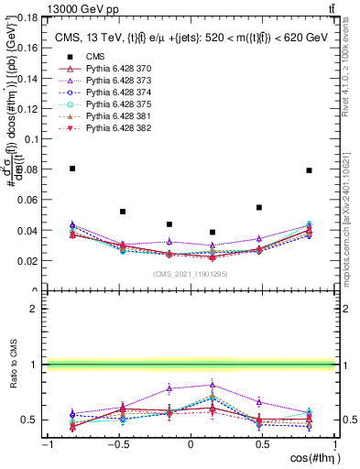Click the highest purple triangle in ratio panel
point(213,385)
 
